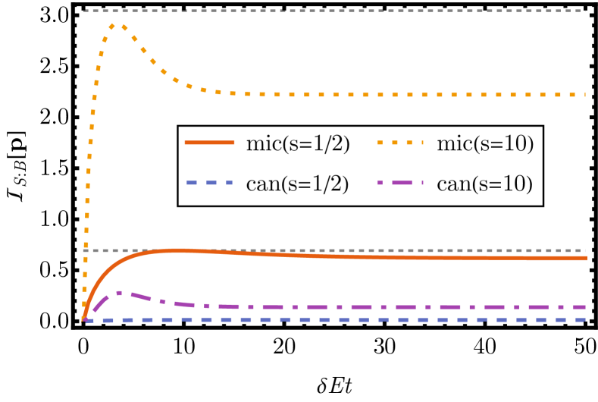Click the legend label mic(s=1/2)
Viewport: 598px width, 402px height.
[298, 145]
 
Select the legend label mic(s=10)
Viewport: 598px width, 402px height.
[485, 145]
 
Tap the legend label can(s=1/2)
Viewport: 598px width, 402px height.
[298, 184]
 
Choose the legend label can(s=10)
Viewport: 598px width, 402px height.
[485, 184]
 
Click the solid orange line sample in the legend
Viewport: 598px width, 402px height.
[209, 143]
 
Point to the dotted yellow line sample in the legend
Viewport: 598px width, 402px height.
[399, 143]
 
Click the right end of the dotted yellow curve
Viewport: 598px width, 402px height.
[586, 95]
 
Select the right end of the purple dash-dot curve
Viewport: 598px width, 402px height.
[586, 307]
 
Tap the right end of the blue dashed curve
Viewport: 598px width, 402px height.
[586, 320]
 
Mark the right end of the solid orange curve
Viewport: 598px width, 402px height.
[586, 258]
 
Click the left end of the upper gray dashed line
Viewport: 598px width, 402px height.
[84, 11]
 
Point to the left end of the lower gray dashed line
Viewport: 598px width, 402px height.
[84, 250]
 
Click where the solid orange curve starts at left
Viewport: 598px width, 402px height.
[84, 319]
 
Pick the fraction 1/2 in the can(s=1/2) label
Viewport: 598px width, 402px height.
[324, 184]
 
